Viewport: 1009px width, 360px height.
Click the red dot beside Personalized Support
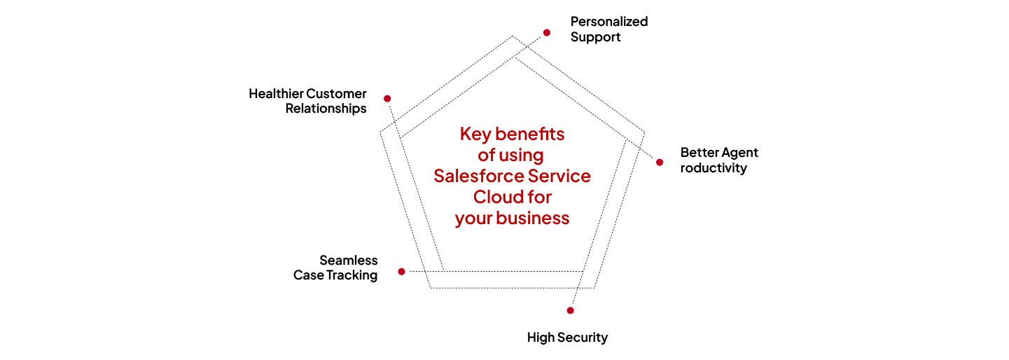(547, 32)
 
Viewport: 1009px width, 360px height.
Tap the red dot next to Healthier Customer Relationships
(387, 98)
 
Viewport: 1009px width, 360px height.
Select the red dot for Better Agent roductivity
(660, 162)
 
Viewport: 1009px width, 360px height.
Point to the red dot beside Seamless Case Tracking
(401, 271)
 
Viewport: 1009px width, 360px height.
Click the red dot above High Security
(570, 310)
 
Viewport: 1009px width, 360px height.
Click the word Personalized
(608, 22)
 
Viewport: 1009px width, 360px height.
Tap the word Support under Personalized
(595, 37)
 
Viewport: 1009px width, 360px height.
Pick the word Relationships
(326, 109)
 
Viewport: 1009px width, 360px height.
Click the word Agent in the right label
(739, 153)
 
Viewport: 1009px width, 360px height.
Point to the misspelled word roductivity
(714, 168)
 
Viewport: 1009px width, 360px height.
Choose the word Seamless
(349, 261)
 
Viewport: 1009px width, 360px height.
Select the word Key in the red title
(474, 134)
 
